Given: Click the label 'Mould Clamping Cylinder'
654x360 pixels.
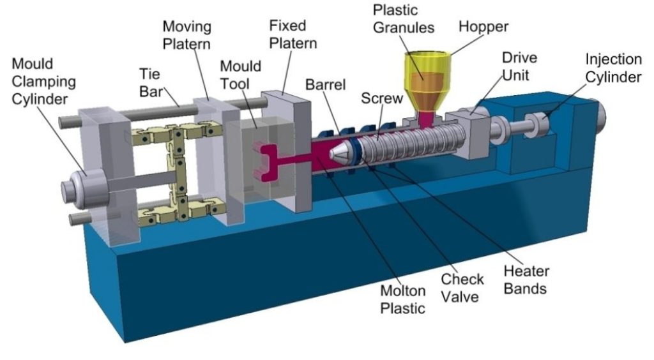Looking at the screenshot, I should pyautogui.click(x=44, y=82).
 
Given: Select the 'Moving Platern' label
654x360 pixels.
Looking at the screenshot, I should pyautogui.click(x=187, y=36).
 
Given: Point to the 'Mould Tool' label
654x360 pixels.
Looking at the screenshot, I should pyautogui.click(x=240, y=75).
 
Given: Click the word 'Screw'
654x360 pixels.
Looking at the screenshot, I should pyautogui.click(x=382, y=99).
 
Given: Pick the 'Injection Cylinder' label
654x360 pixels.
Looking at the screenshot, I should pyautogui.click(x=613, y=68).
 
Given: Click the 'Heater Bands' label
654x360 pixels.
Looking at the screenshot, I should pyautogui.click(x=526, y=280).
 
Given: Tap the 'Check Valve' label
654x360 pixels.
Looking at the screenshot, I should pyautogui.click(x=462, y=288).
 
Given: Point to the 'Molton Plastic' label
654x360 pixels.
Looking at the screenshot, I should pyautogui.click(x=402, y=299).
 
